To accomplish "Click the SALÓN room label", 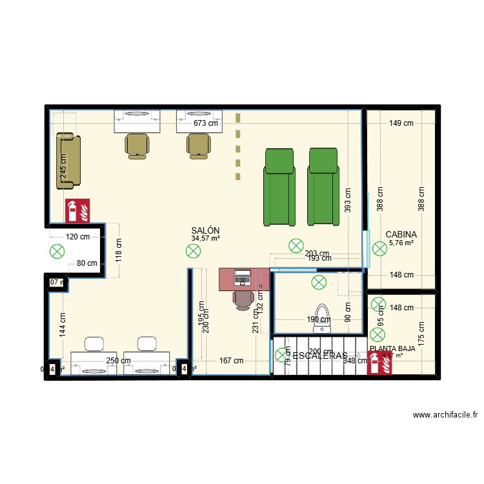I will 205,230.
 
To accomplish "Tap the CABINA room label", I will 401,235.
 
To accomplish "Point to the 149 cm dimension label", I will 401,124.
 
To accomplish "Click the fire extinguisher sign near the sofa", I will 78,208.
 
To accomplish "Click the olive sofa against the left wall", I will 68,161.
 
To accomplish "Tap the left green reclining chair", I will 279,187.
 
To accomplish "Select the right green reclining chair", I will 323,187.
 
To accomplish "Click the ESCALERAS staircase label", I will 319,356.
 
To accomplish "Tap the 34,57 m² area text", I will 205,239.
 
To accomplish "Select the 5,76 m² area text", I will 401,243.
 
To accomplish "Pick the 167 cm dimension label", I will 231,361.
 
